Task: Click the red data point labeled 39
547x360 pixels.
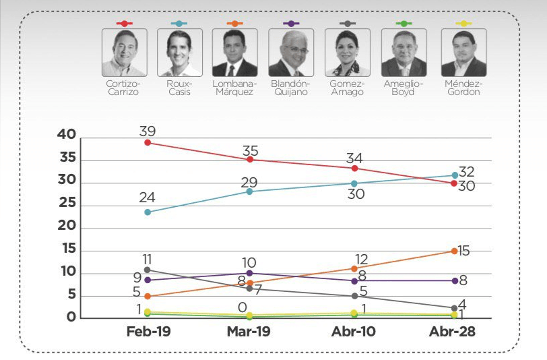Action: (147, 142)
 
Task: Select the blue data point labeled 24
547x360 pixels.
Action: (147, 212)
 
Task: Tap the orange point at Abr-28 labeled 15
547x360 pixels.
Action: (454, 251)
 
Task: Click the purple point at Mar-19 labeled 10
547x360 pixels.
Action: (250, 273)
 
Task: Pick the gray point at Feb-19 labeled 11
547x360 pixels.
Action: (147, 270)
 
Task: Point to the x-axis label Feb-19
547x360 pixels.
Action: (147, 333)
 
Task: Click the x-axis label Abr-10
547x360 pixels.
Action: (354, 333)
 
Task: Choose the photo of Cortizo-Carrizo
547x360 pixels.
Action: (123, 53)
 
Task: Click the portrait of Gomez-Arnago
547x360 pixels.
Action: (348, 53)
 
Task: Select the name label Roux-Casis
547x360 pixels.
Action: (179, 88)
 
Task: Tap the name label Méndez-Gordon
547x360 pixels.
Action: (463, 88)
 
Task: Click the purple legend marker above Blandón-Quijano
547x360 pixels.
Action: (291, 24)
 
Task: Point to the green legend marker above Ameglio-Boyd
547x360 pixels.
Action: (404, 24)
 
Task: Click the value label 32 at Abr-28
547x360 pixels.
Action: (466, 171)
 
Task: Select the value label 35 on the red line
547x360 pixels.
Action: (250, 147)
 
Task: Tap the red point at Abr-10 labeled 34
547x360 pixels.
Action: (354, 168)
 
